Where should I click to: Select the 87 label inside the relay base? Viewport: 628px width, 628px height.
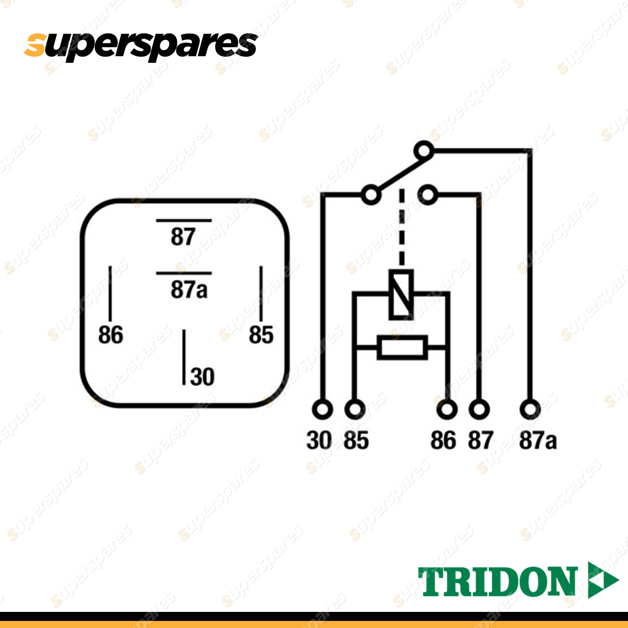pyautogui.click(x=183, y=237)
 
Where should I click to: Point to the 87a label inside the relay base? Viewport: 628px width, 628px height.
pyautogui.click(x=189, y=290)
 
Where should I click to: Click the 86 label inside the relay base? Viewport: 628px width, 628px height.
pyautogui.click(x=110, y=335)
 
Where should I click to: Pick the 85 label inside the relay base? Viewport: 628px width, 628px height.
pyautogui.click(x=261, y=335)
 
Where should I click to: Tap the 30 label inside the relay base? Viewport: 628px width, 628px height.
pyautogui.click(x=202, y=377)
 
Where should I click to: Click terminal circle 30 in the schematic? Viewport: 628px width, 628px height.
pyautogui.click(x=322, y=409)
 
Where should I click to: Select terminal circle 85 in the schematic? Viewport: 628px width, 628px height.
pyautogui.click(x=355, y=409)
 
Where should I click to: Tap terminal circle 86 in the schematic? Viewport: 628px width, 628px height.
pyautogui.click(x=447, y=409)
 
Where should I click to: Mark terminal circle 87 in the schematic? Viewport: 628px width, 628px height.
pyautogui.click(x=479, y=409)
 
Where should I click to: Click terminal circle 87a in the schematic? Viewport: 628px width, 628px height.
pyautogui.click(x=530, y=409)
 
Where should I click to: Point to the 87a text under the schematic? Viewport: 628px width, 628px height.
pyautogui.click(x=538, y=440)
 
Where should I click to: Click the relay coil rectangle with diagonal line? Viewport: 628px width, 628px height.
pyautogui.click(x=401, y=294)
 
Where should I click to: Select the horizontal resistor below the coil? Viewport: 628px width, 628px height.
pyautogui.click(x=402, y=347)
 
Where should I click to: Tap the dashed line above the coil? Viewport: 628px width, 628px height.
pyautogui.click(x=402, y=228)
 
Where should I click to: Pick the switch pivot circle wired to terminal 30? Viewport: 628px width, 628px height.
pyautogui.click(x=371, y=195)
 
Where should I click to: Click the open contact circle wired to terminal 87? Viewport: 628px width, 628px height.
pyautogui.click(x=428, y=195)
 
